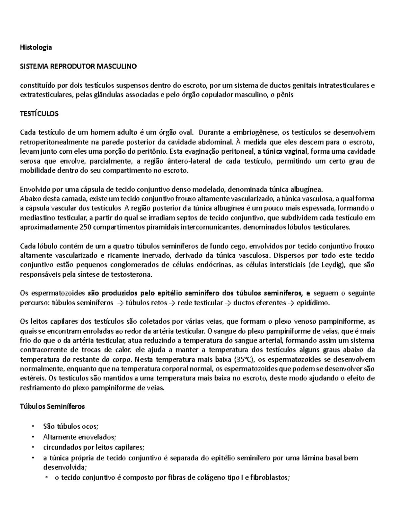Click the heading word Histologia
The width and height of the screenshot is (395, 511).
point(36,47)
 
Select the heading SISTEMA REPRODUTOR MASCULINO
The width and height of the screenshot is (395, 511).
point(78,66)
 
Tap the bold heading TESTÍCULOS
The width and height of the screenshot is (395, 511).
point(39,114)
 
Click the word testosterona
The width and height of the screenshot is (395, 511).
point(132,275)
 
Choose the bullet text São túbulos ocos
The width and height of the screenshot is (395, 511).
point(70,426)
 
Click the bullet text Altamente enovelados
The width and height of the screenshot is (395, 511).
point(79,437)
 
